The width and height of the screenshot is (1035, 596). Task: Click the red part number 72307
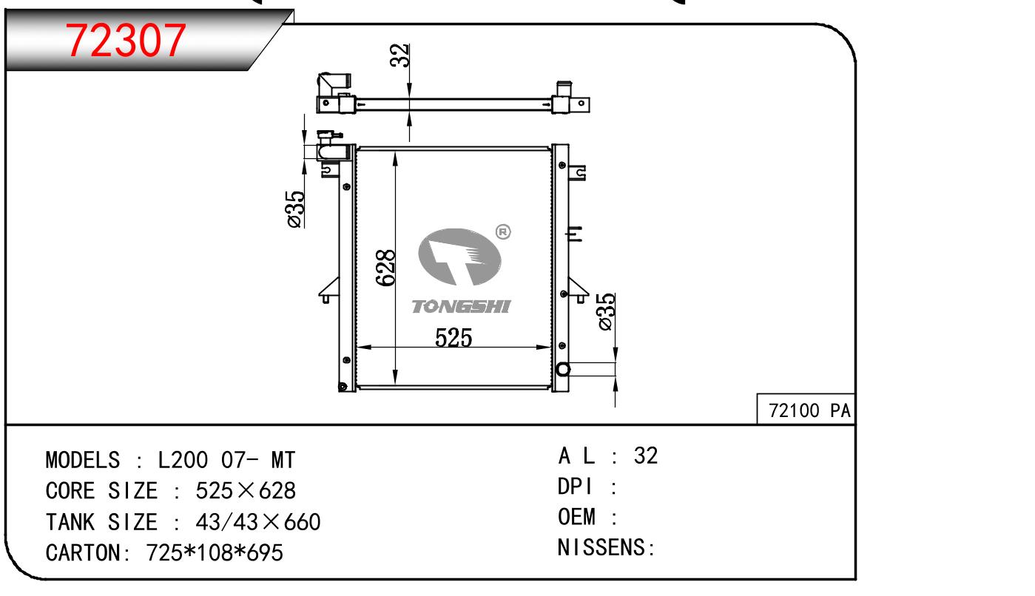[126, 41]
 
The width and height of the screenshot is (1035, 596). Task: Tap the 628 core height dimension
[386, 268]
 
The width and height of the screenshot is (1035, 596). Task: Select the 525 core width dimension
[454, 337]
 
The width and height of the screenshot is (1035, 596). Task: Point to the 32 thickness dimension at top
[399, 55]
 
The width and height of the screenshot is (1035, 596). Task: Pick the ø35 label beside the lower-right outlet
[606, 311]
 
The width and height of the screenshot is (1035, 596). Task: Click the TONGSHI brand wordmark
[461, 307]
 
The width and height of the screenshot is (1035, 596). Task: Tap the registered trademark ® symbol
[503, 231]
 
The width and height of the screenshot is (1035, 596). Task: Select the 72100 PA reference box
[806, 410]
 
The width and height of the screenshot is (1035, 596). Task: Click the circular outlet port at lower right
[563, 369]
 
